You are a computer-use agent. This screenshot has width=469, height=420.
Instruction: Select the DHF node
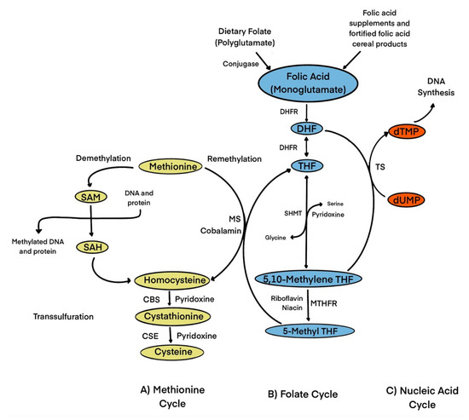tap(305, 129)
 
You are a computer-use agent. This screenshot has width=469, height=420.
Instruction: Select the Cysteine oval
tap(173, 350)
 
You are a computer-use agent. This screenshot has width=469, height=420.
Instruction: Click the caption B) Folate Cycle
tap(292, 394)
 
